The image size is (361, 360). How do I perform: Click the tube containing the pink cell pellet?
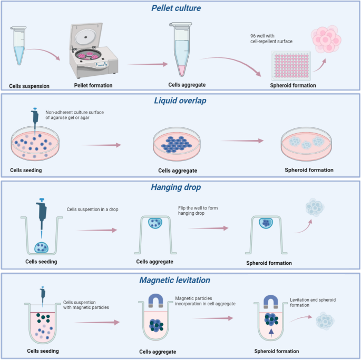pos(180,50)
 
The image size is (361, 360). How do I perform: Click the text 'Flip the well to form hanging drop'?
pos(198,211)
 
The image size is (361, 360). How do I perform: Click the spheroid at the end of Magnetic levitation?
pos(327,321)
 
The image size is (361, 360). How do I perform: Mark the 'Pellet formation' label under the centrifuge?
pos(93,85)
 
